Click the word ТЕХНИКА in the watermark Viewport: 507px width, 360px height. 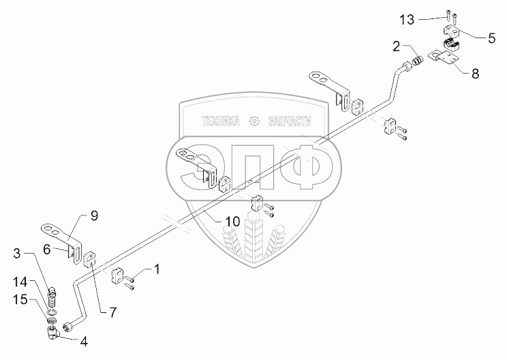tap(221, 121)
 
